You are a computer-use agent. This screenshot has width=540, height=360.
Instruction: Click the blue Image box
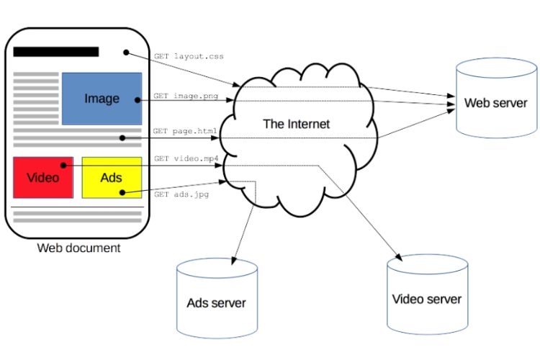pyautogui.click(x=102, y=99)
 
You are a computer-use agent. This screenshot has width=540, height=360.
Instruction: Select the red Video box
pyautogui.click(x=42, y=177)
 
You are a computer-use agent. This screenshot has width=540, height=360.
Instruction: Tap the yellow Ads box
pyautogui.click(x=111, y=177)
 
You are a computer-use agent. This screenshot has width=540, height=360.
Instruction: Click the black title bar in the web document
pyautogui.click(x=55, y=52)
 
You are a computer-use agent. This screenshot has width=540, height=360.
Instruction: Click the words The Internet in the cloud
pyautogui.click(x=296, y=124)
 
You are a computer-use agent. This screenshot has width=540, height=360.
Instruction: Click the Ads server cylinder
pyautogui.click(x=216, y=302)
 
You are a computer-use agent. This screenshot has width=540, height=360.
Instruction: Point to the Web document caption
pyautogui.click(x=78, y=248)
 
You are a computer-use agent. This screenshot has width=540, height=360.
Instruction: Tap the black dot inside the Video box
pyautogui.click(x=63, y=165)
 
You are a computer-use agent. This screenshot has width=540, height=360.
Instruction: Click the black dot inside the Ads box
pyautogui.click(x=122, y=192)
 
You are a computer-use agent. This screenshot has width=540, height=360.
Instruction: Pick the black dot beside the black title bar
pyautogui.click(x=125, y=53)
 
